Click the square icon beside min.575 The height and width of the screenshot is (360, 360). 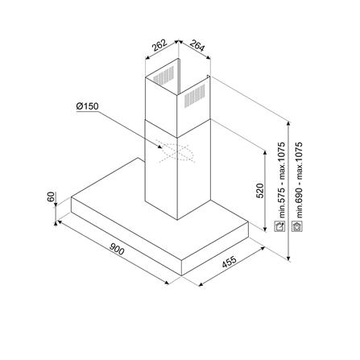[x=282, y=228]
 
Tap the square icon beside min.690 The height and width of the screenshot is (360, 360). [x=298, y=228]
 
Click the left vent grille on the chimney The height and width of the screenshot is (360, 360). [x=164, y=81]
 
